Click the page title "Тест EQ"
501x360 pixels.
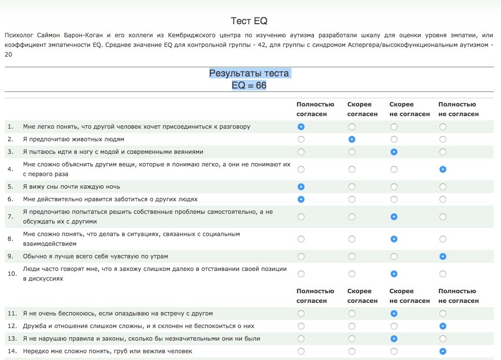249,21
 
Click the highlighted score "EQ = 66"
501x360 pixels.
249,85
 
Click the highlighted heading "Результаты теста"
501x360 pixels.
249,74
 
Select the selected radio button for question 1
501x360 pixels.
301,127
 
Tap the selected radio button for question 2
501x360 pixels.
352,139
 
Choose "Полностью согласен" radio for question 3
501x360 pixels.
301,152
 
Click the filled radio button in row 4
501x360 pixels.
443,169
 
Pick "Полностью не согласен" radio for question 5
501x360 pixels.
443,187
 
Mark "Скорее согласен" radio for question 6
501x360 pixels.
352,199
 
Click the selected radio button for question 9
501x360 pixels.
443,256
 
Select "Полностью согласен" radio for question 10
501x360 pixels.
301,274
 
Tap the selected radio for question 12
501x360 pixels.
443,326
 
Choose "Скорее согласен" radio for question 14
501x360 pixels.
352,351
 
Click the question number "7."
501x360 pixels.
10,217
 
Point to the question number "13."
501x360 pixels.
12,339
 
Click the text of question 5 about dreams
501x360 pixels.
72,187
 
